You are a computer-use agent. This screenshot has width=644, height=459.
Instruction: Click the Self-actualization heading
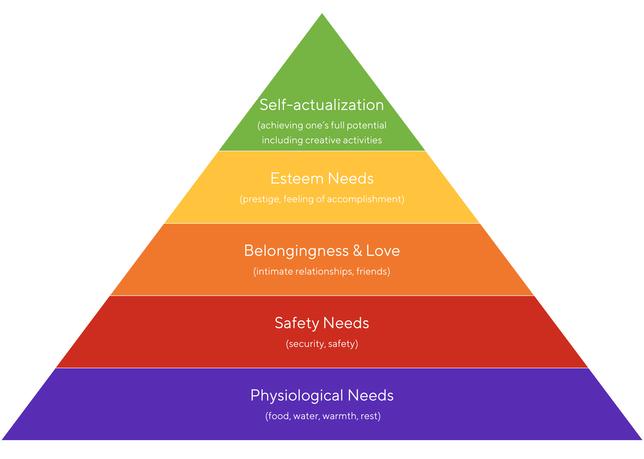[321, 105]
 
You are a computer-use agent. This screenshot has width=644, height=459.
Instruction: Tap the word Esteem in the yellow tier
[297, 178]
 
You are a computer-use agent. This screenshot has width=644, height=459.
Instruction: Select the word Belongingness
[296, 251]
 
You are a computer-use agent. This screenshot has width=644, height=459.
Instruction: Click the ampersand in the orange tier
[358, 250]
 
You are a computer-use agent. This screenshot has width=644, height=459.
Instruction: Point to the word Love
[383, 251]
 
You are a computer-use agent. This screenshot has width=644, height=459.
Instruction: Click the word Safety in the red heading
[297, 323]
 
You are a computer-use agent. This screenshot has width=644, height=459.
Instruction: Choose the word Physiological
[297, 396]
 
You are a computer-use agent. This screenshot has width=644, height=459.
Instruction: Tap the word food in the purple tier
[278, 416]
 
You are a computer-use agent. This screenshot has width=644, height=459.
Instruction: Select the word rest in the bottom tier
[369, 416]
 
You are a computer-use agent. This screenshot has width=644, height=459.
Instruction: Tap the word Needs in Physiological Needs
[370, 395]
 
